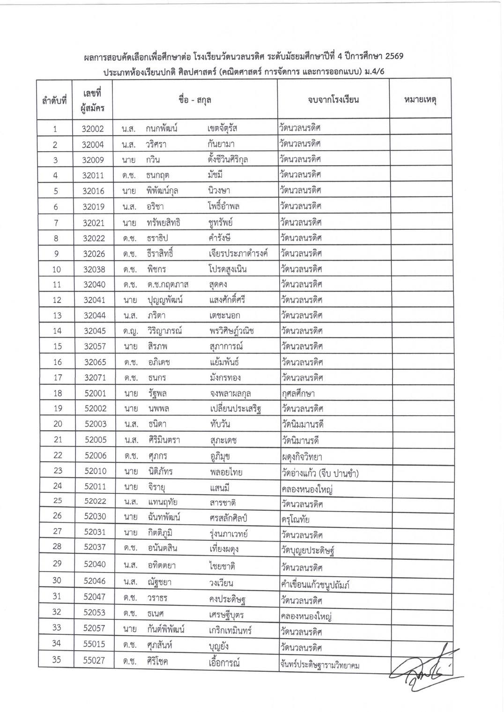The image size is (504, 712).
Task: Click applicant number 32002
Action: (93, 129)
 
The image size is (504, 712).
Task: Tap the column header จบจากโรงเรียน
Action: (333, 100)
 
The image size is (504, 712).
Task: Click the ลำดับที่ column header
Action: (54, 100)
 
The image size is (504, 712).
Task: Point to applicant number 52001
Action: (95, 393)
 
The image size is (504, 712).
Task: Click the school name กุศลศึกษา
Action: (298, 393)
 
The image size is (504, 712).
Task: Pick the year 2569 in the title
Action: (393, 57)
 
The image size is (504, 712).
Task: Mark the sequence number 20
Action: (58, 424)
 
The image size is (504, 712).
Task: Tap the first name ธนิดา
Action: (156, 424)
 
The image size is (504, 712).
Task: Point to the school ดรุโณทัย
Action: (295, 520)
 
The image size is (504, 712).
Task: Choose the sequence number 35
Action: (57, 660)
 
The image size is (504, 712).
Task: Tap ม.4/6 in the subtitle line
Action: (373, 72)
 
